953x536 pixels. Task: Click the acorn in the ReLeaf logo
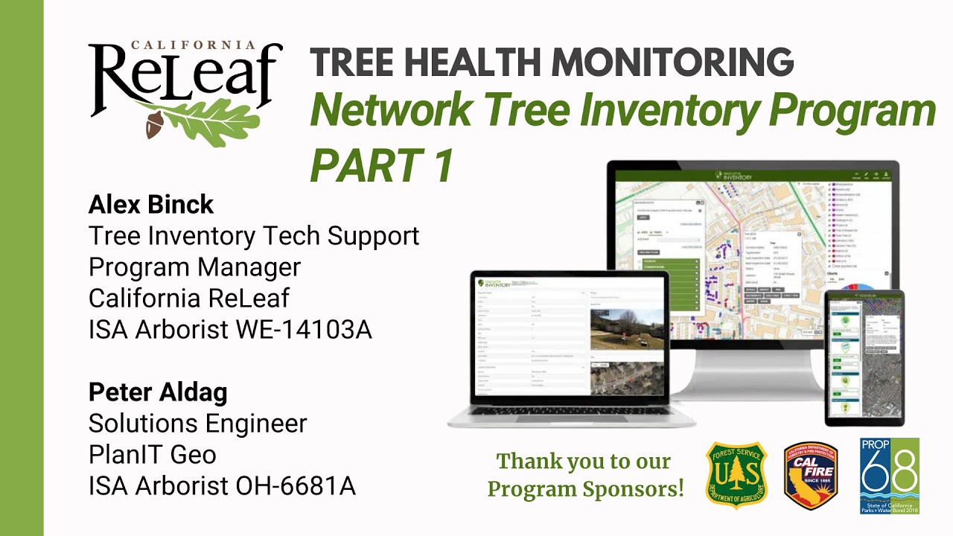pyautogui.click(x=155, y=126)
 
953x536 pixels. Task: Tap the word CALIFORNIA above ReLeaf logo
pyautogui.click(x=194, y=45)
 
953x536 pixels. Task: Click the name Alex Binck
pyautogui.click(x=151, y=204)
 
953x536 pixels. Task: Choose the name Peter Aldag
pyautogui.click(x=158, y=392)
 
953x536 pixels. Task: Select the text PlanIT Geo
pyautogui.click(x=153, y=454)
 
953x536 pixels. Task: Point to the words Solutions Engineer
pyautogui.click(x=197, y=423)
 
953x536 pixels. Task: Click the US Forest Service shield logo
pyautogui.click(x=736, y=474)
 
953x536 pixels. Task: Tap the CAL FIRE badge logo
pyautogui.click(x=811, y=475)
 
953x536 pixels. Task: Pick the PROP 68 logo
pyautogui.click(x=889, y=475)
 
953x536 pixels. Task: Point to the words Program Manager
pyautogui.click(x=194, y=267)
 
